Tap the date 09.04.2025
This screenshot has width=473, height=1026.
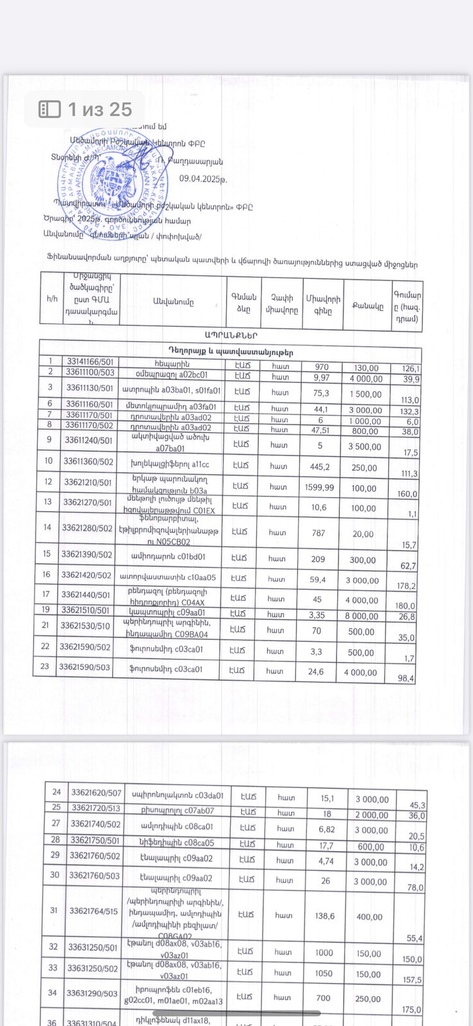(203, 180)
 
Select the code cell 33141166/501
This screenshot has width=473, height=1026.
(90, 363)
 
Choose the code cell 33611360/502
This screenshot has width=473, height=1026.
(88, 461)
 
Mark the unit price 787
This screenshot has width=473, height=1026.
(319, 532)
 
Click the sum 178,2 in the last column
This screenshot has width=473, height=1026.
(406, 586)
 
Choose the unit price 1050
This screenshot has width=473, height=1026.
(324, 973)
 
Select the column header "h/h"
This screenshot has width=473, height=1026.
(52, 299)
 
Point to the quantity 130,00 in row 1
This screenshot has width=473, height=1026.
(365, 368)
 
